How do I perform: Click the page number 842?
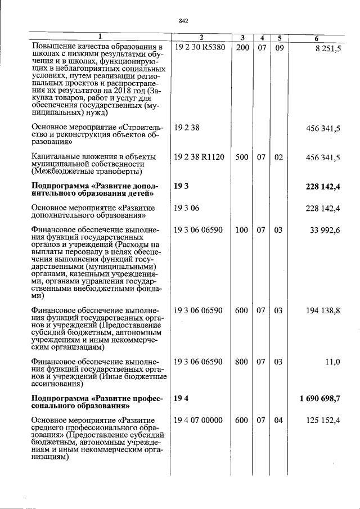pyautogui.click(x=183, y=21)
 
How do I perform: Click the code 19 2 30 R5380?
pyautogui.click(x=200, y=48)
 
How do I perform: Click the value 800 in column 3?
pyautogui.click(x=242, y=363)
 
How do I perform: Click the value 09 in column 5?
pyautogui.click(x=278, y=48)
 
